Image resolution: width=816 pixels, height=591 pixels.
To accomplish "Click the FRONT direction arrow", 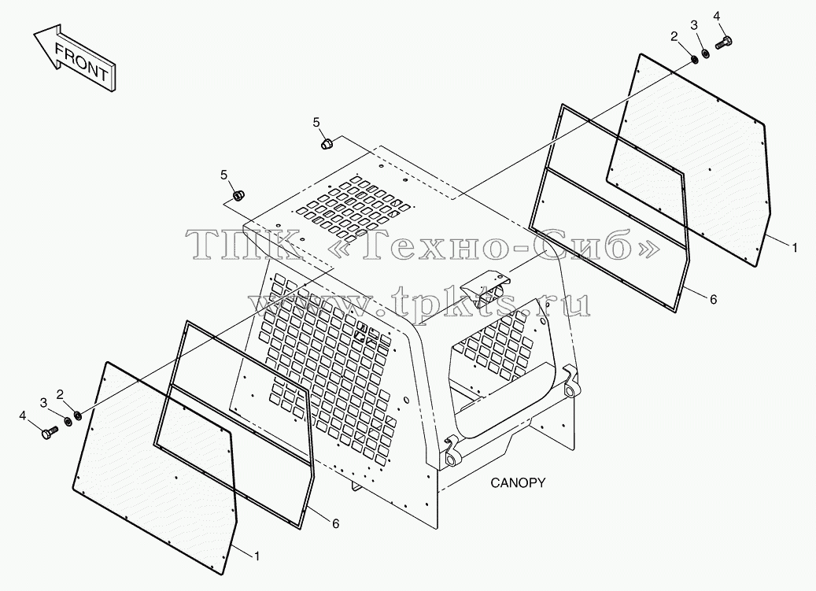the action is click(x=75, y=59).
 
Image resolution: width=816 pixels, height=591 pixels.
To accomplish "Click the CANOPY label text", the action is click(x=518, y=482).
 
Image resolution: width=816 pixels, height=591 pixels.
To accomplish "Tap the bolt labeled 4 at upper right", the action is click(x=724, y=43).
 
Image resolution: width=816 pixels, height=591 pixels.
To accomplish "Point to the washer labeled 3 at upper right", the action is click(x=706, y=53).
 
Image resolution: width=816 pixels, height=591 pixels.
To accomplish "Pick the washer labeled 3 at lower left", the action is click(x=68, y=421).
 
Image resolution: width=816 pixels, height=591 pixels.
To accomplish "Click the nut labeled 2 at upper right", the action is click(x=694, y=61).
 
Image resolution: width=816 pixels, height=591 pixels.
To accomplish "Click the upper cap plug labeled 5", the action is click(x=327, y=143).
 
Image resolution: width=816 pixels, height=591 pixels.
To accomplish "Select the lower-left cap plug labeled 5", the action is click(x=239, y=196).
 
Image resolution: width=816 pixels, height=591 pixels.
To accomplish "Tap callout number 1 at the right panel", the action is click(x=794, y=248).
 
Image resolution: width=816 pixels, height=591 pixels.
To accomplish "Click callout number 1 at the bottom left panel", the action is click(x=257, y=556).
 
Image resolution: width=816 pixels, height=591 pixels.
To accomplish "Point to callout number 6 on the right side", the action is click(x=713, y=299).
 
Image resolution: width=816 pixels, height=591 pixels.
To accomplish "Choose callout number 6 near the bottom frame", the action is click(x=336, y=523).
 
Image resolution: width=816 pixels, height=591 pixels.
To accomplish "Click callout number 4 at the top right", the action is click(x=716, y=16).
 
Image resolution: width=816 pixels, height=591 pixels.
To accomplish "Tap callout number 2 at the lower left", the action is click(x=60, y=395).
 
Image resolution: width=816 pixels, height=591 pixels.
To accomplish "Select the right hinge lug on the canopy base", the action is click(x=571, y=382).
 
